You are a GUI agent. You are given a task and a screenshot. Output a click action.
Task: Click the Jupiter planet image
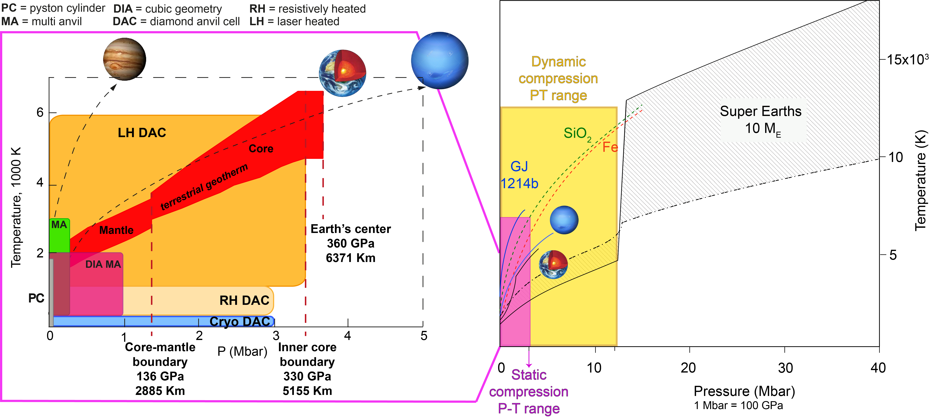pos(124,59)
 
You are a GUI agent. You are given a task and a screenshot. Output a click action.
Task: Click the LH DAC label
pos(142,133)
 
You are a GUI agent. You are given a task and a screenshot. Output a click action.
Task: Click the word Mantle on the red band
pos(116,230)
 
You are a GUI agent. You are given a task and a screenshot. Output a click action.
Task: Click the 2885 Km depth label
pos(160,391)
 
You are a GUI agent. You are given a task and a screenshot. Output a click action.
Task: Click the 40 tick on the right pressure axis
pos(878,368)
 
